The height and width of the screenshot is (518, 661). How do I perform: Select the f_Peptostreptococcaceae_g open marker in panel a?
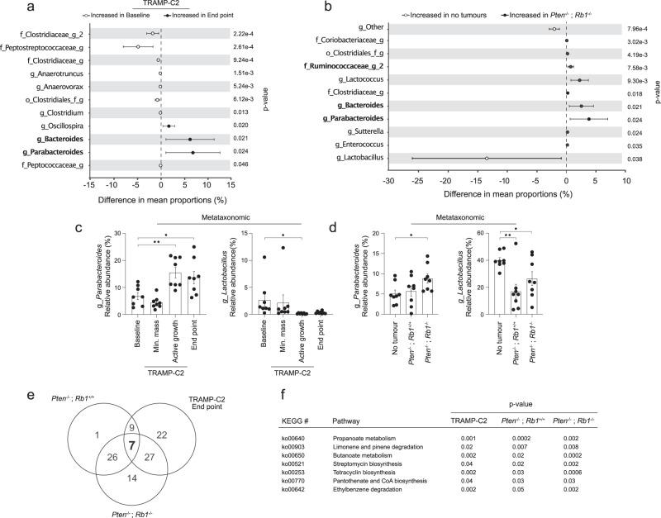[x=138, y=46]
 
